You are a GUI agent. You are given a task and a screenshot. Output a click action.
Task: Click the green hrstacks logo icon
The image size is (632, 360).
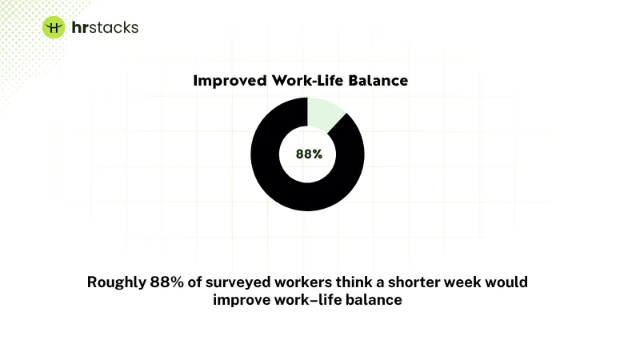54,27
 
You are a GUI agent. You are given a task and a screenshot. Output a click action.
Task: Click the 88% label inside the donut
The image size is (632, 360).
309,154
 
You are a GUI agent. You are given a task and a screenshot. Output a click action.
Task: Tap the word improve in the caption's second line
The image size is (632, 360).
240,300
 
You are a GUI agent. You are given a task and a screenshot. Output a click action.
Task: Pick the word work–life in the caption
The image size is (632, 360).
308,300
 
